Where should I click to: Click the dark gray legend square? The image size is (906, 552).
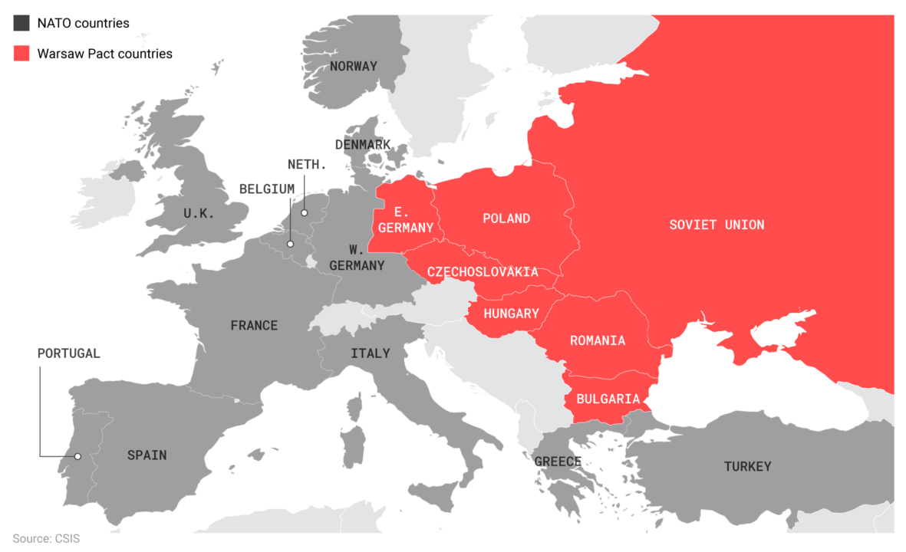[21, 22]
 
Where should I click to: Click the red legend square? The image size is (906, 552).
[21, 53]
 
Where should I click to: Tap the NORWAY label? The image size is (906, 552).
[354, 66]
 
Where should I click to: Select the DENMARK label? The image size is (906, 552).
[363, 144]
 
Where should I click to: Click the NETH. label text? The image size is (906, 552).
[307, 165]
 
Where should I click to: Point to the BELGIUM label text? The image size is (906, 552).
[266, 189]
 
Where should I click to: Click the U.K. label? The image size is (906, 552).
[199, 214]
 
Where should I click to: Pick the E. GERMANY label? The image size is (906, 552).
[405, 219]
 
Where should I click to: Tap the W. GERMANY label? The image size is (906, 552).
[357, 258]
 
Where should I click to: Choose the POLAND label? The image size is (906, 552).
[506, 219]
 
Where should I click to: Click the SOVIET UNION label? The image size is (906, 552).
[717, 225]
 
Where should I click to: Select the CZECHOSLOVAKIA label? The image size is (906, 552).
[483, 272]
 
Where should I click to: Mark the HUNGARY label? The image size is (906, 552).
[511, 314]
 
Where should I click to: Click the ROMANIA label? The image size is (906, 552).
[598, 340]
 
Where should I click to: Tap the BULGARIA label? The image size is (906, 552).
[608, 399]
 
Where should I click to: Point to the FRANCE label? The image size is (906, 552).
[254, 326]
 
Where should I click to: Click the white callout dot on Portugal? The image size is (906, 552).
[77, 456]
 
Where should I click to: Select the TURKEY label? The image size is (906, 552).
[747, 466]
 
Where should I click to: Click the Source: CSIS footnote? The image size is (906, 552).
[46, 539]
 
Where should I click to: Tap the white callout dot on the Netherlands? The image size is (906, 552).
[304, 213]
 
